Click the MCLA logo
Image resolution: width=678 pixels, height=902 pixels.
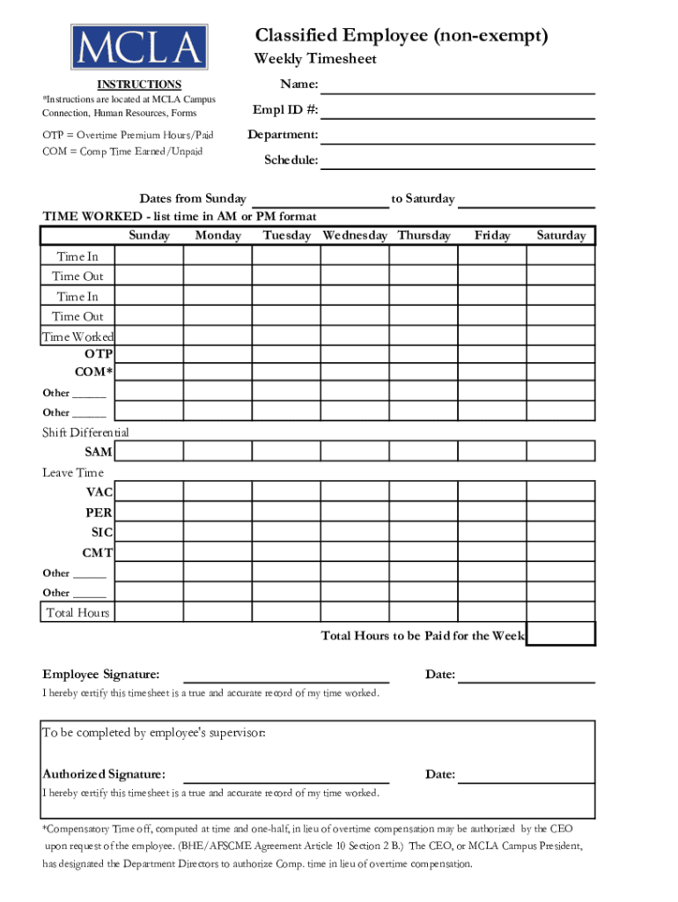tap(140, 48)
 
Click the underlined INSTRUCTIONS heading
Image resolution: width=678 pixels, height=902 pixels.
tap(139, 85)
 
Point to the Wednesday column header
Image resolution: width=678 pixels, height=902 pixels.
tap(355, 236)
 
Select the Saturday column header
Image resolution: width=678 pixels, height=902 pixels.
tap(561, 236)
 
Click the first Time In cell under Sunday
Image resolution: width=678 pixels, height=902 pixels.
tap(149, 255)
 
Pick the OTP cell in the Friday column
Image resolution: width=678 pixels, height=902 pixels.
tap(491, 354)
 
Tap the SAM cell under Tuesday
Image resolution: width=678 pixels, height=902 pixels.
tap(286, 452)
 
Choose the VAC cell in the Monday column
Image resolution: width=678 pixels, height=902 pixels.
tap(217, 492)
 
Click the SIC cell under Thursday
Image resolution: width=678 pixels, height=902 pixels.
tap(424, 532)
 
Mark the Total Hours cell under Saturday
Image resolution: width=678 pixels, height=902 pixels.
tap(561, 612)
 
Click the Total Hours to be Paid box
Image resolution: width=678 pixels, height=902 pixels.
tap(561, 634)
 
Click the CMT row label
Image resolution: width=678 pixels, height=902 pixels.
tap(97, 553)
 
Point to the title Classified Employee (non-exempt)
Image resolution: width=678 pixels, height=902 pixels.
tap(401, 35)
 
